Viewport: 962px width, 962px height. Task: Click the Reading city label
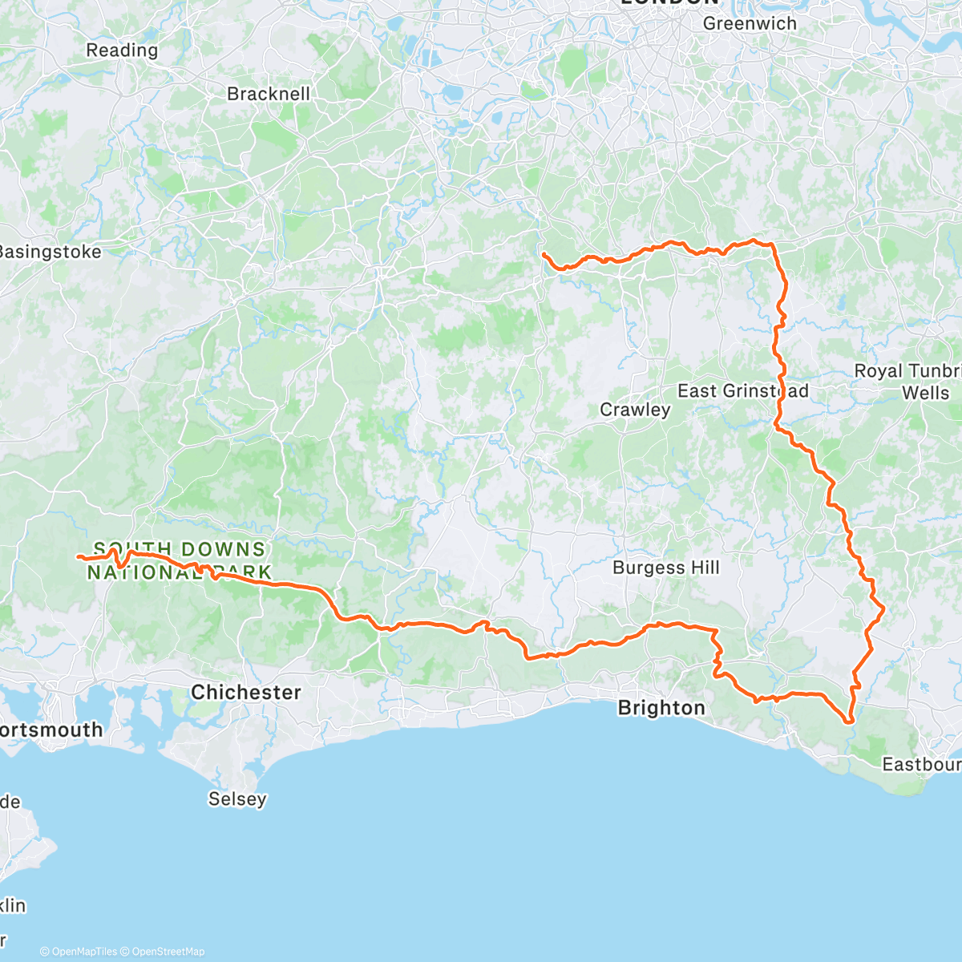click(122, 51)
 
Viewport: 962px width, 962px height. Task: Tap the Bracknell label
click(269, 94)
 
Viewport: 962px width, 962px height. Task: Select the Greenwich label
click(750, 24)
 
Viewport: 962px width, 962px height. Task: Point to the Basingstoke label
click(50, 252)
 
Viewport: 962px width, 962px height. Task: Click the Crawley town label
click(635, 410)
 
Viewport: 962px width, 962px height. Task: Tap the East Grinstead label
click(742, 391)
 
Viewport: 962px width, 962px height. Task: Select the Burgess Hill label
click(665, 568)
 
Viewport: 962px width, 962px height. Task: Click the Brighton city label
click(661, 708)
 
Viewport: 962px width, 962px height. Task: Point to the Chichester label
click(246, 693)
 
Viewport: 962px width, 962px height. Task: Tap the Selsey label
click(237, 799)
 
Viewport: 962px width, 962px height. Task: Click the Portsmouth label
click(51, 730)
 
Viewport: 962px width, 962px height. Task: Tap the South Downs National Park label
click(180, 560)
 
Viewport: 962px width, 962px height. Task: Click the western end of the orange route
click(79, 556)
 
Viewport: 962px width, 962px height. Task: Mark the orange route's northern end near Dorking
click(544, 254)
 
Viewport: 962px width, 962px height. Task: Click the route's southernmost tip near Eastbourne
click(847, 721)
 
